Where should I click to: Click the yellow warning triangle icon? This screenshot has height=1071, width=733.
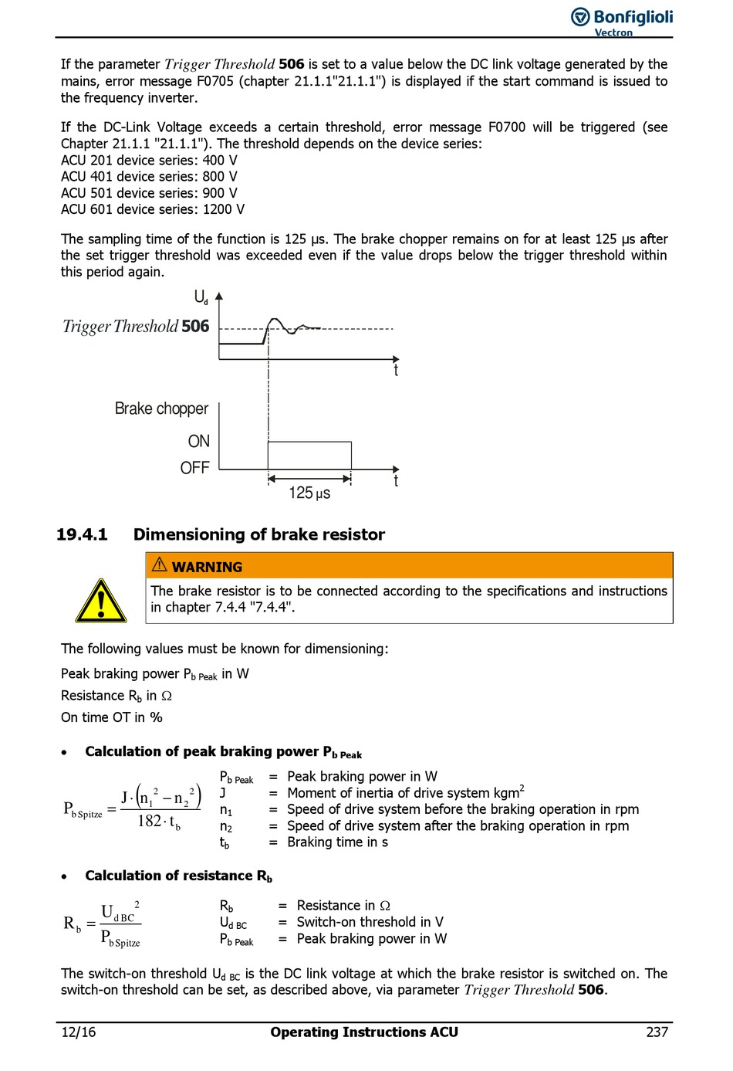point(101,601)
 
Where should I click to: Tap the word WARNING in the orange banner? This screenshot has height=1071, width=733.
point(207,567)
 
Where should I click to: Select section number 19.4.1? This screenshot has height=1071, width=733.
point(82,534)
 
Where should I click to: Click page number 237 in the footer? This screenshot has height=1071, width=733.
point(657,1032)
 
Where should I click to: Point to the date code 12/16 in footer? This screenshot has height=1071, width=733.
point(79,1032)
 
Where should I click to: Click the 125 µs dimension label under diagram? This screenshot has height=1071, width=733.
point(309,493)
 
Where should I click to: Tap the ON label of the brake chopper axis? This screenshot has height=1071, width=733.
point(199,441)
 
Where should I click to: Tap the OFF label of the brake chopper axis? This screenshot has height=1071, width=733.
point(195,468)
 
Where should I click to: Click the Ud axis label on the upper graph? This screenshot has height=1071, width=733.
point(201,297)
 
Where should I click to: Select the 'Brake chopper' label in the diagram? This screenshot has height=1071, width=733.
point(161,408)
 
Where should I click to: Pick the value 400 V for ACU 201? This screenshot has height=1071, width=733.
point(220,161)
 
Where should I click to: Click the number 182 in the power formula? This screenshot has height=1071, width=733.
point(149,821)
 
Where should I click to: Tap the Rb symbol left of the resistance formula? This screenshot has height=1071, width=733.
point(72,924)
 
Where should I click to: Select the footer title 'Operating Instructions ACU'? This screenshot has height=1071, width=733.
point(364,1032)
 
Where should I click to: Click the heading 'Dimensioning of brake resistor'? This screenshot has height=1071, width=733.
point(259,534)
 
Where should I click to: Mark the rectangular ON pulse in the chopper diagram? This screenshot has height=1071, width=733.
point(309,456)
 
